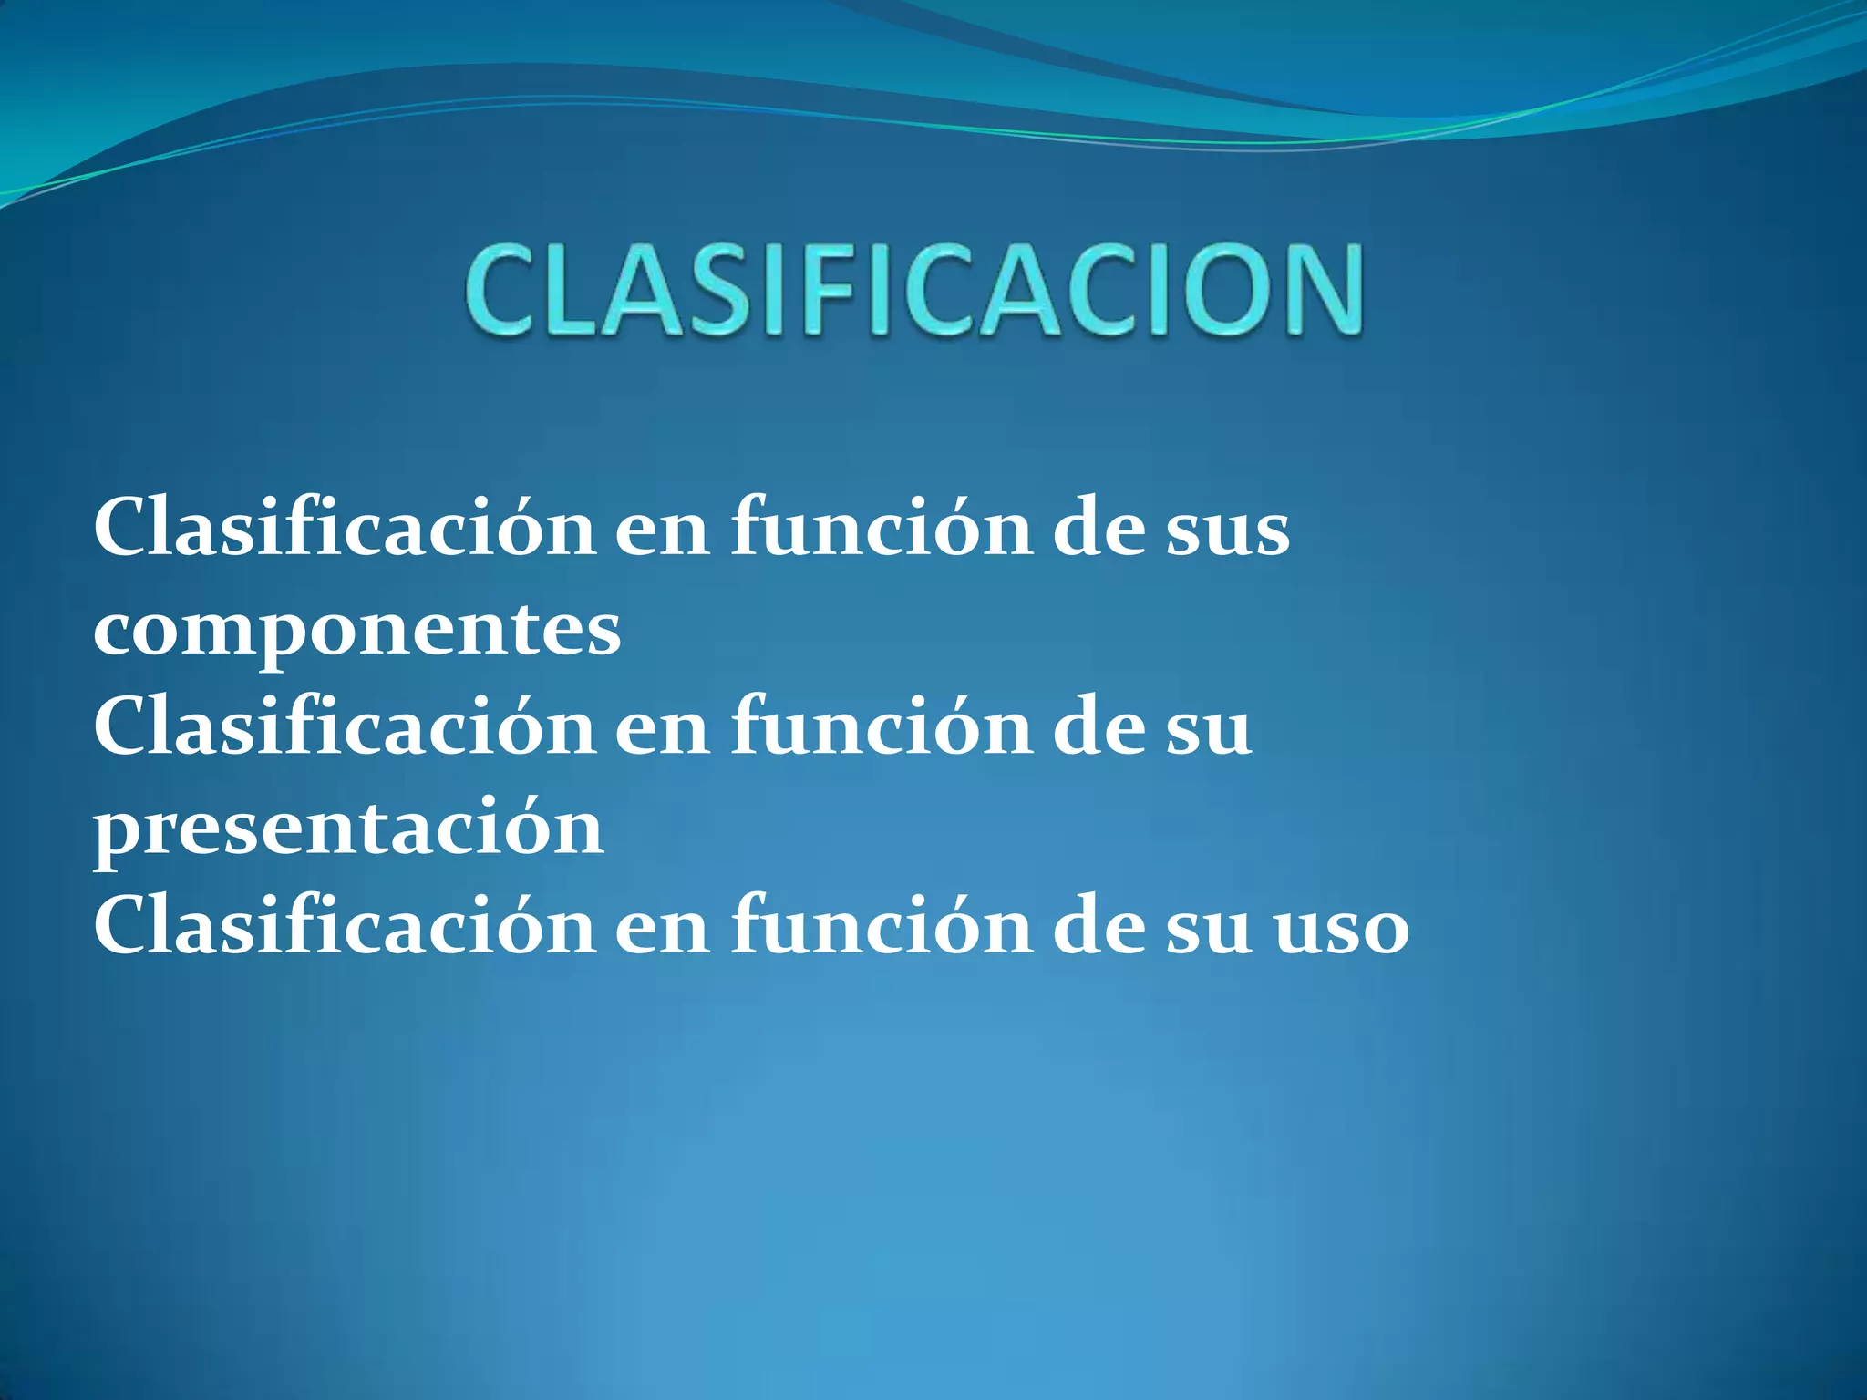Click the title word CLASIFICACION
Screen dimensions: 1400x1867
pos(914,290)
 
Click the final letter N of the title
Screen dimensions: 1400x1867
pos(1316,290)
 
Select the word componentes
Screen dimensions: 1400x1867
pos(357,632)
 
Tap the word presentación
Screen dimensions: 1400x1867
pos(349,829)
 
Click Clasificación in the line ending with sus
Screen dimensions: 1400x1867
pos(345,530)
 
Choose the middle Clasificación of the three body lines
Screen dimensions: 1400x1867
pos(345,728)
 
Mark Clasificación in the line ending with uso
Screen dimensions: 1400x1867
pos(345,927)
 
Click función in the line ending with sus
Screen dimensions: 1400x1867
pos(882,530)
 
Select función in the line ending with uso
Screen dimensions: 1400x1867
pos(882,927)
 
